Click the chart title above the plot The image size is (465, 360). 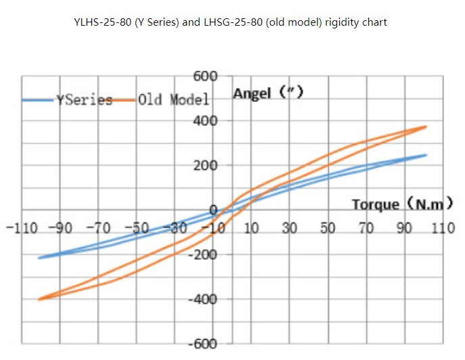click(230, 22)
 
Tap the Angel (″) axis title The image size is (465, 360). click(267, 93)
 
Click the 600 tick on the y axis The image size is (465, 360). click(205, 76)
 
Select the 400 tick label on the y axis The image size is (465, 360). click(205, 121)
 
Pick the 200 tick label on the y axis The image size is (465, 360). click(205, 166)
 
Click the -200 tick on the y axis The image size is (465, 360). click(202, 254)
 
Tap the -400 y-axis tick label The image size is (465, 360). click(202, 299)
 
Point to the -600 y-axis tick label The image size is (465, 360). click(202, 344)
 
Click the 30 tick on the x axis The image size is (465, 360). click(290, 227)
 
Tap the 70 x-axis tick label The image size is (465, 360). click(366, 227)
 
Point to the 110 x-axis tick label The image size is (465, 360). click(443, 227)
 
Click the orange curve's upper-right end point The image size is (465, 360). click(426, 127)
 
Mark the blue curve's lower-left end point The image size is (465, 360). click(39, 258)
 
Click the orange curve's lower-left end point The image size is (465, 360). click(39, 299)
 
